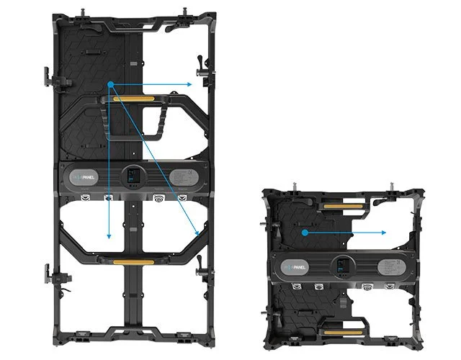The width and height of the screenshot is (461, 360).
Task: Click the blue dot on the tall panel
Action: (x=110, y=85)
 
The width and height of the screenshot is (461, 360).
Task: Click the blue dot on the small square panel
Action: (x=305, y=233)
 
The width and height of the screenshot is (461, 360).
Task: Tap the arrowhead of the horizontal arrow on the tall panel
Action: (x=189, y=85)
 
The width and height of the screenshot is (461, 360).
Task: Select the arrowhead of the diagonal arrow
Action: (x=197, y=234)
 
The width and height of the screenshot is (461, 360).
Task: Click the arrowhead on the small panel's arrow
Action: (x=385, y=233)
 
